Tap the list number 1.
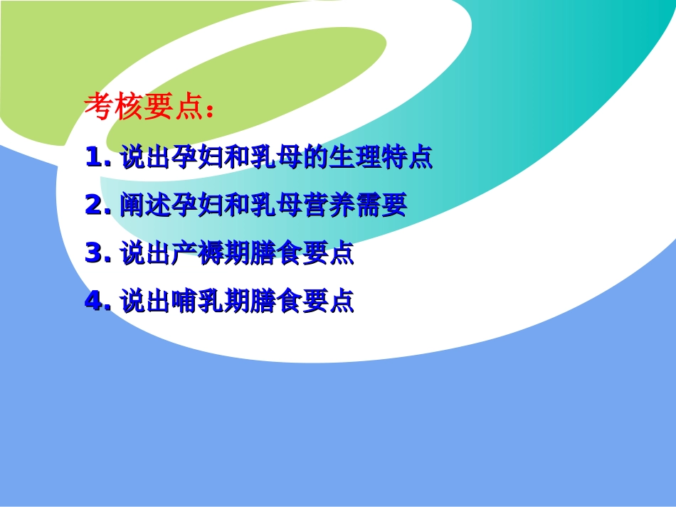(94, 157)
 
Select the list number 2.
(94, 206)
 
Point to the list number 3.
(94, 254)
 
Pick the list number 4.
(94, 302)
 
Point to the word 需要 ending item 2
(380, 206)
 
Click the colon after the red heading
(208, 110)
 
